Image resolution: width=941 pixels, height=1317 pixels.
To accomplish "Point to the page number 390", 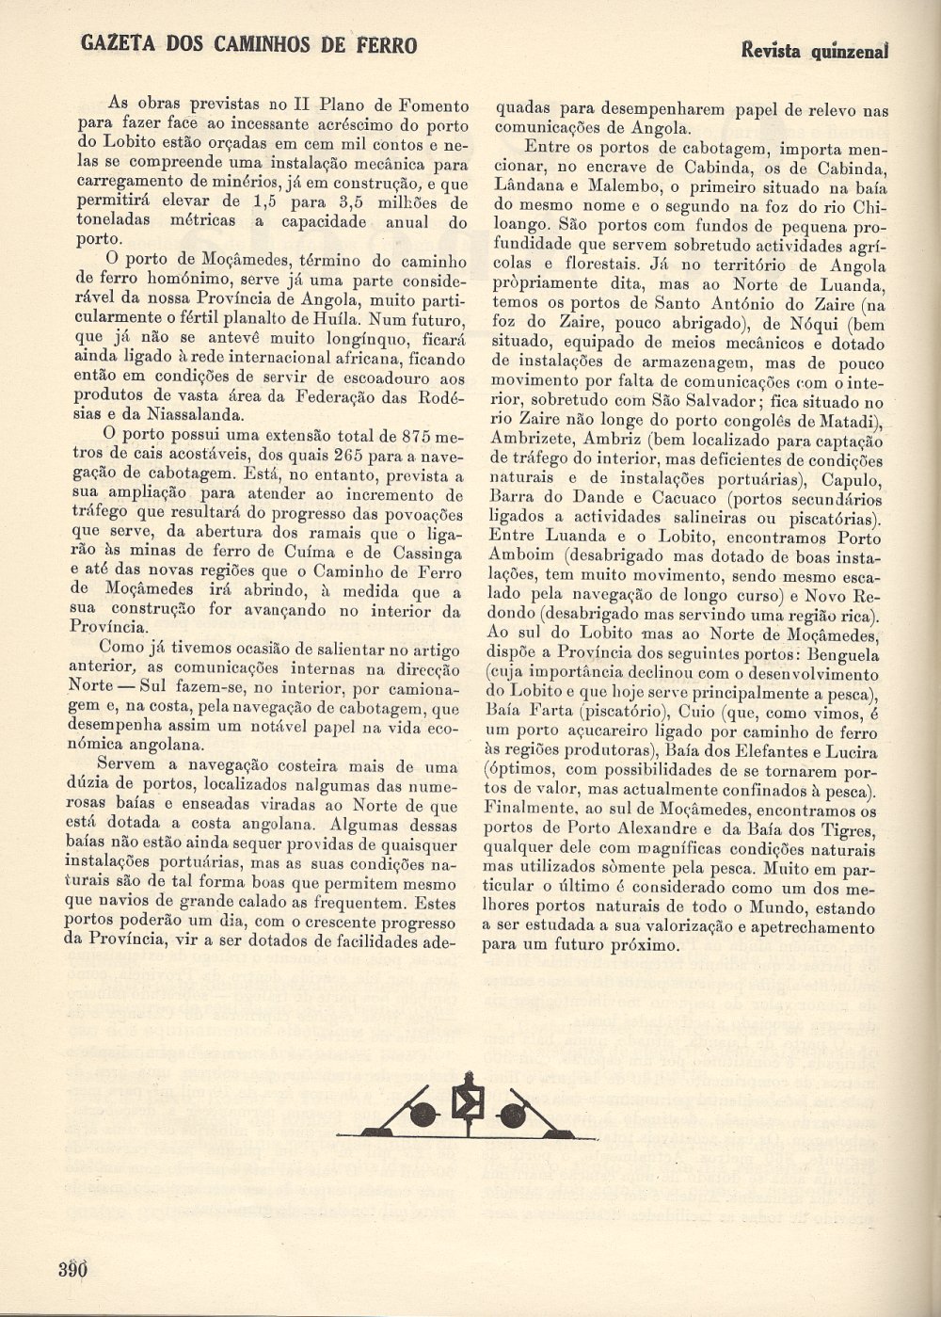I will pyautogui.click(x=71, y=1269).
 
